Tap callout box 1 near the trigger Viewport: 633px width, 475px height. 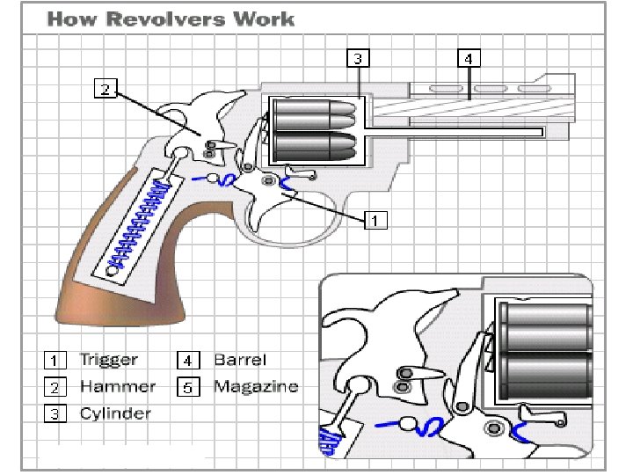click(x=375, y=219)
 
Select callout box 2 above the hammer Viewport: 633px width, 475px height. click(x=105, y=89)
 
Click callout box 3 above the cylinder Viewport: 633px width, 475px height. click(x=357, y=59)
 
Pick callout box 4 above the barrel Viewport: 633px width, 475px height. click(x=469, y=59)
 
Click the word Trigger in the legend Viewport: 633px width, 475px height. click(x=108, y=359)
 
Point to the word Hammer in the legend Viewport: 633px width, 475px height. click(x=117, y=385)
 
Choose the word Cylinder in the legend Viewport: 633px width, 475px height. click(x=115, y=413)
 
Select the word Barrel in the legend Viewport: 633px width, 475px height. click(x=239, y=359)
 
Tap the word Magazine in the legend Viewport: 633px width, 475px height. click(x=255, y=385)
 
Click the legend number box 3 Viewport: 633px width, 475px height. click(x=55, y=413)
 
